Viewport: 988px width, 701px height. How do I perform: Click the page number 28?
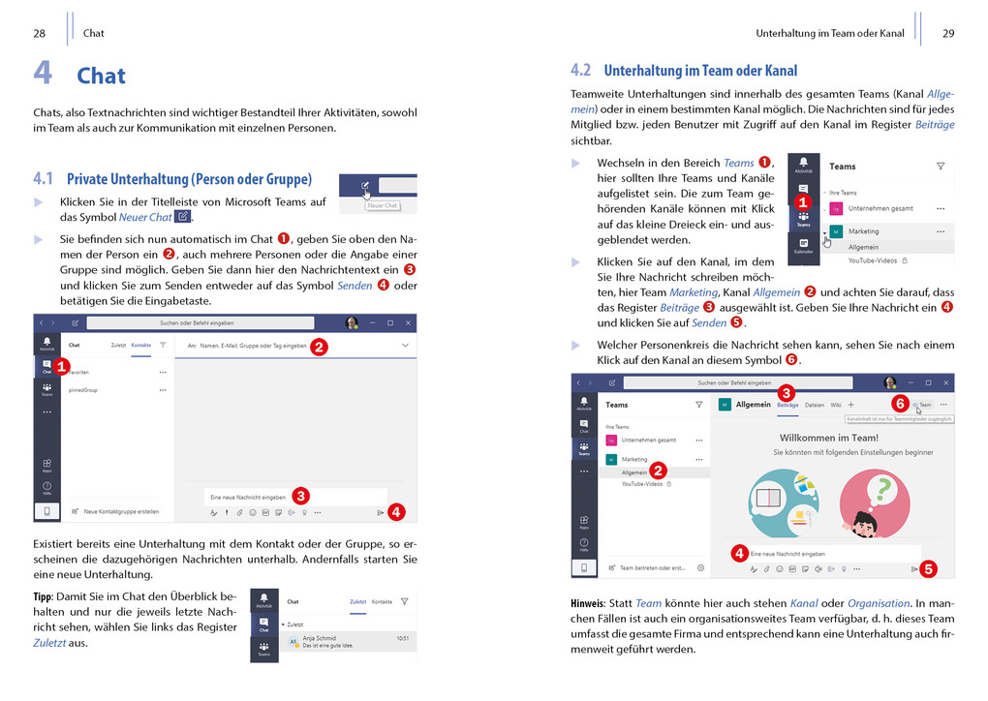pyautogui.click(x=40, y=33)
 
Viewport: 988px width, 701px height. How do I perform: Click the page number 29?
pyautogui.click(x=948, y=33)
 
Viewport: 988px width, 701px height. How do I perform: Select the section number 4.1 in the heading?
pyautogui.click(x=43, y=179)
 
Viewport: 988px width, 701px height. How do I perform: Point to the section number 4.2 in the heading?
pyautogui.click(x=581, y=71)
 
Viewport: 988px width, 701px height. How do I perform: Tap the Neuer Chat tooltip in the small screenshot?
pyautogui.click(x=382, y=205)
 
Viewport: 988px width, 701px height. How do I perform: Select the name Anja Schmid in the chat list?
pyautogui.click(x=321, y=637)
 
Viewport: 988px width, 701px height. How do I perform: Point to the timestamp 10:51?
pyautogui.click(x=402, y=637)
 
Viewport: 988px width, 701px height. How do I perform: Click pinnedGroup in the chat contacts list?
pyautogui.click(x=84, y=390)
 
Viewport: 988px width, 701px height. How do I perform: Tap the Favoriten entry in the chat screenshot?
pyautogui.click(x=79, y=371)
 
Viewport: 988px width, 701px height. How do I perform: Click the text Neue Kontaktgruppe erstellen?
pyautogui.click(x=121, y=511)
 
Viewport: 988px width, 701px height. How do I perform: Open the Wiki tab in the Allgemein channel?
pyautogui.click(x=835, y=405)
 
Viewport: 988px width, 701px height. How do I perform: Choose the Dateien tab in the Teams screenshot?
pyautogui.click(x=814, y=405)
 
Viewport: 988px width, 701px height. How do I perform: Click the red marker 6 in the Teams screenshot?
pyautogui.click(x=899, y=403)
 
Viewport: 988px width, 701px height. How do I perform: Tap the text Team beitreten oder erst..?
pyautogui.click(x=653, y=568)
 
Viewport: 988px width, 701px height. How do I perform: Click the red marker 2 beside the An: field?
pyautogui.click(x=319, y=346)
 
